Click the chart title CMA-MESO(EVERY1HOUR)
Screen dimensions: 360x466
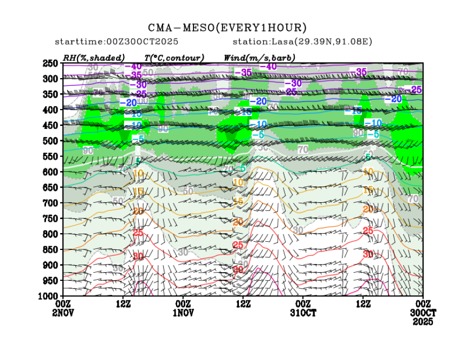(x=228, y=28)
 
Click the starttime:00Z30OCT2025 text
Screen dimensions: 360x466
(x=117, y=42)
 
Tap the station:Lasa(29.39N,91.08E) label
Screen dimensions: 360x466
(x=302, y=42)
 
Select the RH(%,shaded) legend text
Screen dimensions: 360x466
(x=94, y=57)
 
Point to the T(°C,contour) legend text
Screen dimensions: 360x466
(x=174, y=57)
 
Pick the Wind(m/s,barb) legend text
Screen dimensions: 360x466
(x=260, y=57)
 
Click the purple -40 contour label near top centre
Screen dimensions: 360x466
(x=268, y=66)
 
